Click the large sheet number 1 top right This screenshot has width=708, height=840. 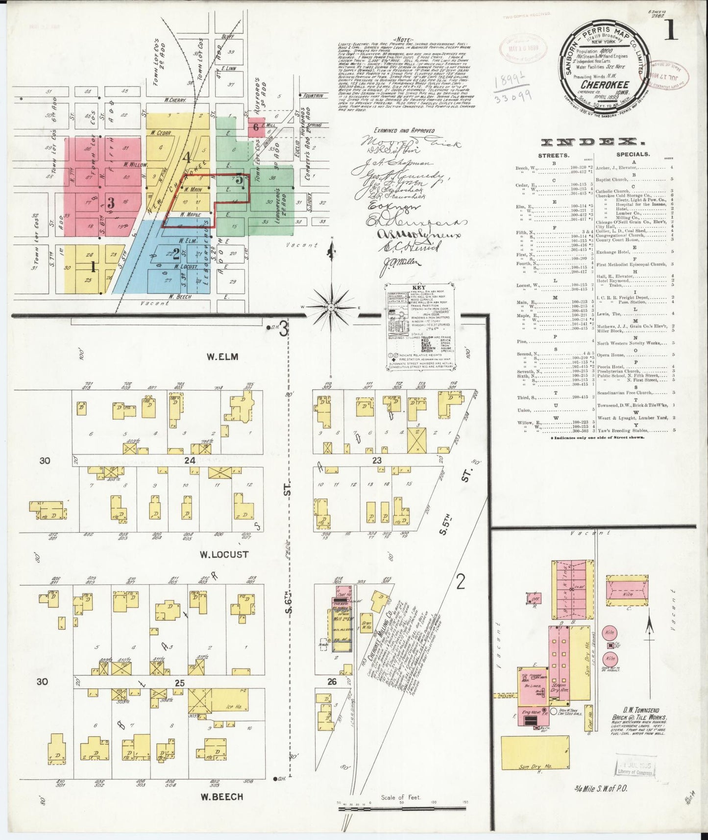click(671, 31)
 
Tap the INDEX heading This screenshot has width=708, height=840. click(592, 142)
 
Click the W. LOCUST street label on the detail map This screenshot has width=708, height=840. click(224, 555)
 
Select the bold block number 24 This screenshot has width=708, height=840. click(189, 461)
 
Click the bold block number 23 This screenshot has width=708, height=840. click(376, 461)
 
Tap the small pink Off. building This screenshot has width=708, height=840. click(534, 598)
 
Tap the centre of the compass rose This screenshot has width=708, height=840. click(331, 307)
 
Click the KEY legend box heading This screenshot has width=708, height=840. click(419, 288)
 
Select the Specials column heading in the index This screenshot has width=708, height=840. click(633, 154)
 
